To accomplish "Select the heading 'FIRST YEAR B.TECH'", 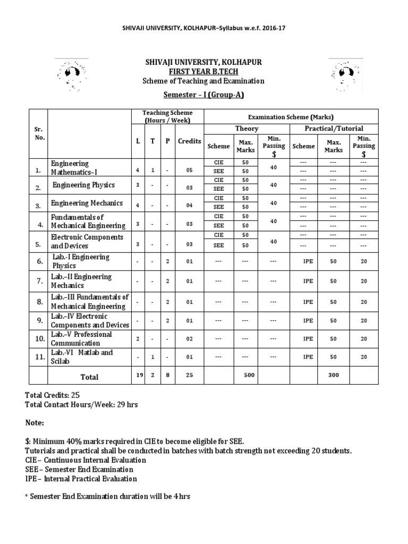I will (203, 72).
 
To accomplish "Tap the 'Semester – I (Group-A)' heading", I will (203, 95).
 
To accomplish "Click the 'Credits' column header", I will (190, 141).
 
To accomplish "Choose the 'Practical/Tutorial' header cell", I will (334, 129).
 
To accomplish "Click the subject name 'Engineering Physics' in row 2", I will (83, 185).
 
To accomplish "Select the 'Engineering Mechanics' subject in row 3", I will (87, 203).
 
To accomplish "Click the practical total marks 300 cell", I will (334, 375).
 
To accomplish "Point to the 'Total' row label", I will (89, 377).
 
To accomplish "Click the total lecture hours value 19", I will (138, 375).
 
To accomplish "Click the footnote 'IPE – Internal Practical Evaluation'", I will (81, 479).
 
